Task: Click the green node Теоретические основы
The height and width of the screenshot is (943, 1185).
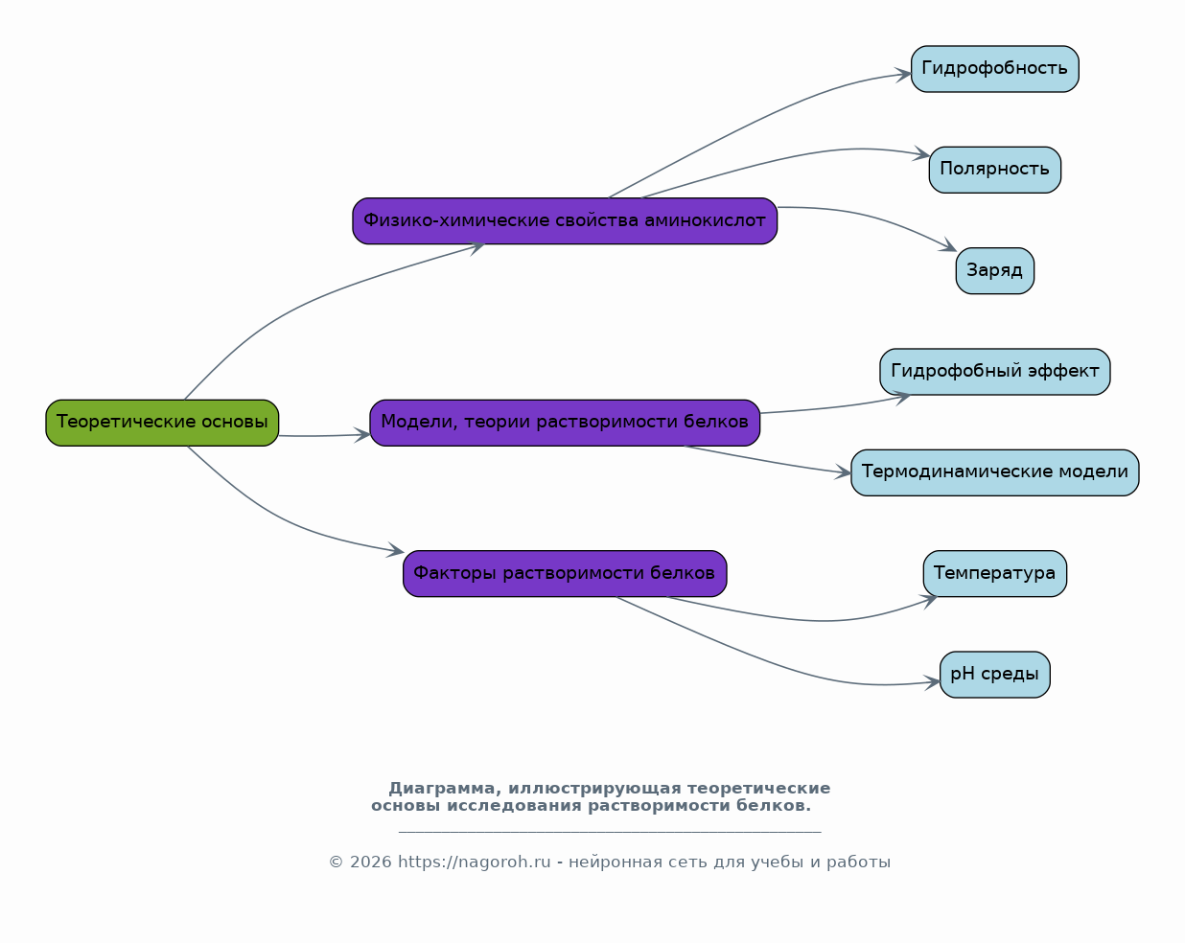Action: pyautogui.click(x=162, y=423)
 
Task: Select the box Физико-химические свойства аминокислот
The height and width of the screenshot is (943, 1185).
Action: pyautogui.click(x=565, y=220)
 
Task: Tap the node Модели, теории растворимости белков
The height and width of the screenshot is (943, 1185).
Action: pyautogui.click(x=565, y=423)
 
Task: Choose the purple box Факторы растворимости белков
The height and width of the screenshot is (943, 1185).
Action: pyautogui.click(x=565, y=574)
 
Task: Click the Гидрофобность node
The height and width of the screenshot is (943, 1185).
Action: pyautogui.click(x=994, y=69)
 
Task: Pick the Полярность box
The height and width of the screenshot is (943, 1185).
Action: pyautogui.click(x=994, y=170)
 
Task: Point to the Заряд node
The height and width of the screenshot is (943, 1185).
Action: pyautogui.click(x=994, y=271)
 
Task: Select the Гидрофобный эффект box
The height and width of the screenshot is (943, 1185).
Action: pyautogui.click(x=994, y=372)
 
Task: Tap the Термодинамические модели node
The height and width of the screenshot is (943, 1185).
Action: pyautogui.click(x=994, y=472)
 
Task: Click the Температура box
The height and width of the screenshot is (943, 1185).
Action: pyautogui.click(x=994, y=574)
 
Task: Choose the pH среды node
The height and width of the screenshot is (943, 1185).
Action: pyautogui.click(x=994, y=675)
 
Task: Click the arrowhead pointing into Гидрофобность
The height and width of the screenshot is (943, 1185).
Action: pyautogui.click(x=904, y=75)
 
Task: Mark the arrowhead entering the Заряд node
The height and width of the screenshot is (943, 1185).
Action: pyautogui.click(x=948, y=245)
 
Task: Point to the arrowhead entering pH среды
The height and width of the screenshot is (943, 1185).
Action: pyautogui.click(x=932, y=683)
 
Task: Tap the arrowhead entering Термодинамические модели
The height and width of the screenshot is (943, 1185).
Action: pyautogui.click(x=843, y=471)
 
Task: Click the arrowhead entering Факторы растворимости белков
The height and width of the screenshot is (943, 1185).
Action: pyautogui.click(x=395, y=550)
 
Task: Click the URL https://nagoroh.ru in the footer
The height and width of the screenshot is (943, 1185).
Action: pyautogui.click(x=475, y=862)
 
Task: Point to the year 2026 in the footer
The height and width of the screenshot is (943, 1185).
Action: pyautogui.click(x=371, y=862)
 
